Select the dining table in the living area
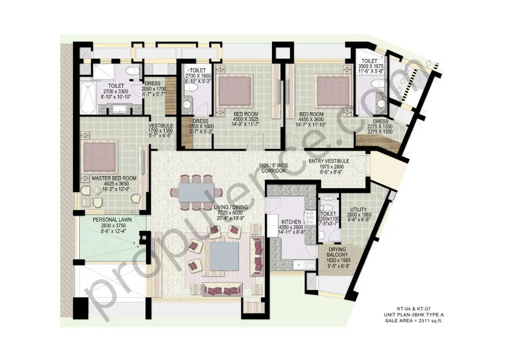click(196, 192)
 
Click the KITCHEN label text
click(291, 222)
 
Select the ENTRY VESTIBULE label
click(329, 161)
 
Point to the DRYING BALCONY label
click(336, 252)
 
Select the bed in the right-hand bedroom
click(332, 90)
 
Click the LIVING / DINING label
click(231, 207)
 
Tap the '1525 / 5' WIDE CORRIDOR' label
click(273, 168)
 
